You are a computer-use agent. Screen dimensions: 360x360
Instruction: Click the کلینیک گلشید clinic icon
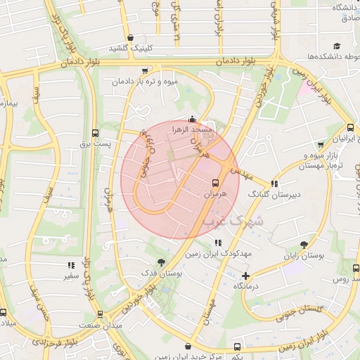[x=130, y=38]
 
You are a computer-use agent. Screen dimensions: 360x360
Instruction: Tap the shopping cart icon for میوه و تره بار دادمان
[x=145, y=71]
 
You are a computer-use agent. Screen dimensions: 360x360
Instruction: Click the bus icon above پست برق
[x=96, y=132]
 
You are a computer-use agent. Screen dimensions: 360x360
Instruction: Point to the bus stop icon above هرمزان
[x=215, y=181]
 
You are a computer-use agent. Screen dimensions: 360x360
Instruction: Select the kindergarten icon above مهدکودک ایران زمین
[x=217, y=243]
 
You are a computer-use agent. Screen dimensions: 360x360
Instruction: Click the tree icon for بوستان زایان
[x=304, y=245]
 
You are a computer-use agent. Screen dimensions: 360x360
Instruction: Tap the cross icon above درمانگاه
[x=245, y=276]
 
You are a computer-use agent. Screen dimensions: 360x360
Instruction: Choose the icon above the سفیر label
[x=70, y=265]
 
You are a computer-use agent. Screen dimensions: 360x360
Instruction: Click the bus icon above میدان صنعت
[x=100, y=314]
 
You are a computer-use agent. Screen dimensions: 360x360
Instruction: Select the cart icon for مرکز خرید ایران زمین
[x=188, y=347]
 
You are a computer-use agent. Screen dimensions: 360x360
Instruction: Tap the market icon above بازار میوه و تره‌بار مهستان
[x=321, y=145]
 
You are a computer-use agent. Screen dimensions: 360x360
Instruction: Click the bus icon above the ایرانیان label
[x=352, y=127]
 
